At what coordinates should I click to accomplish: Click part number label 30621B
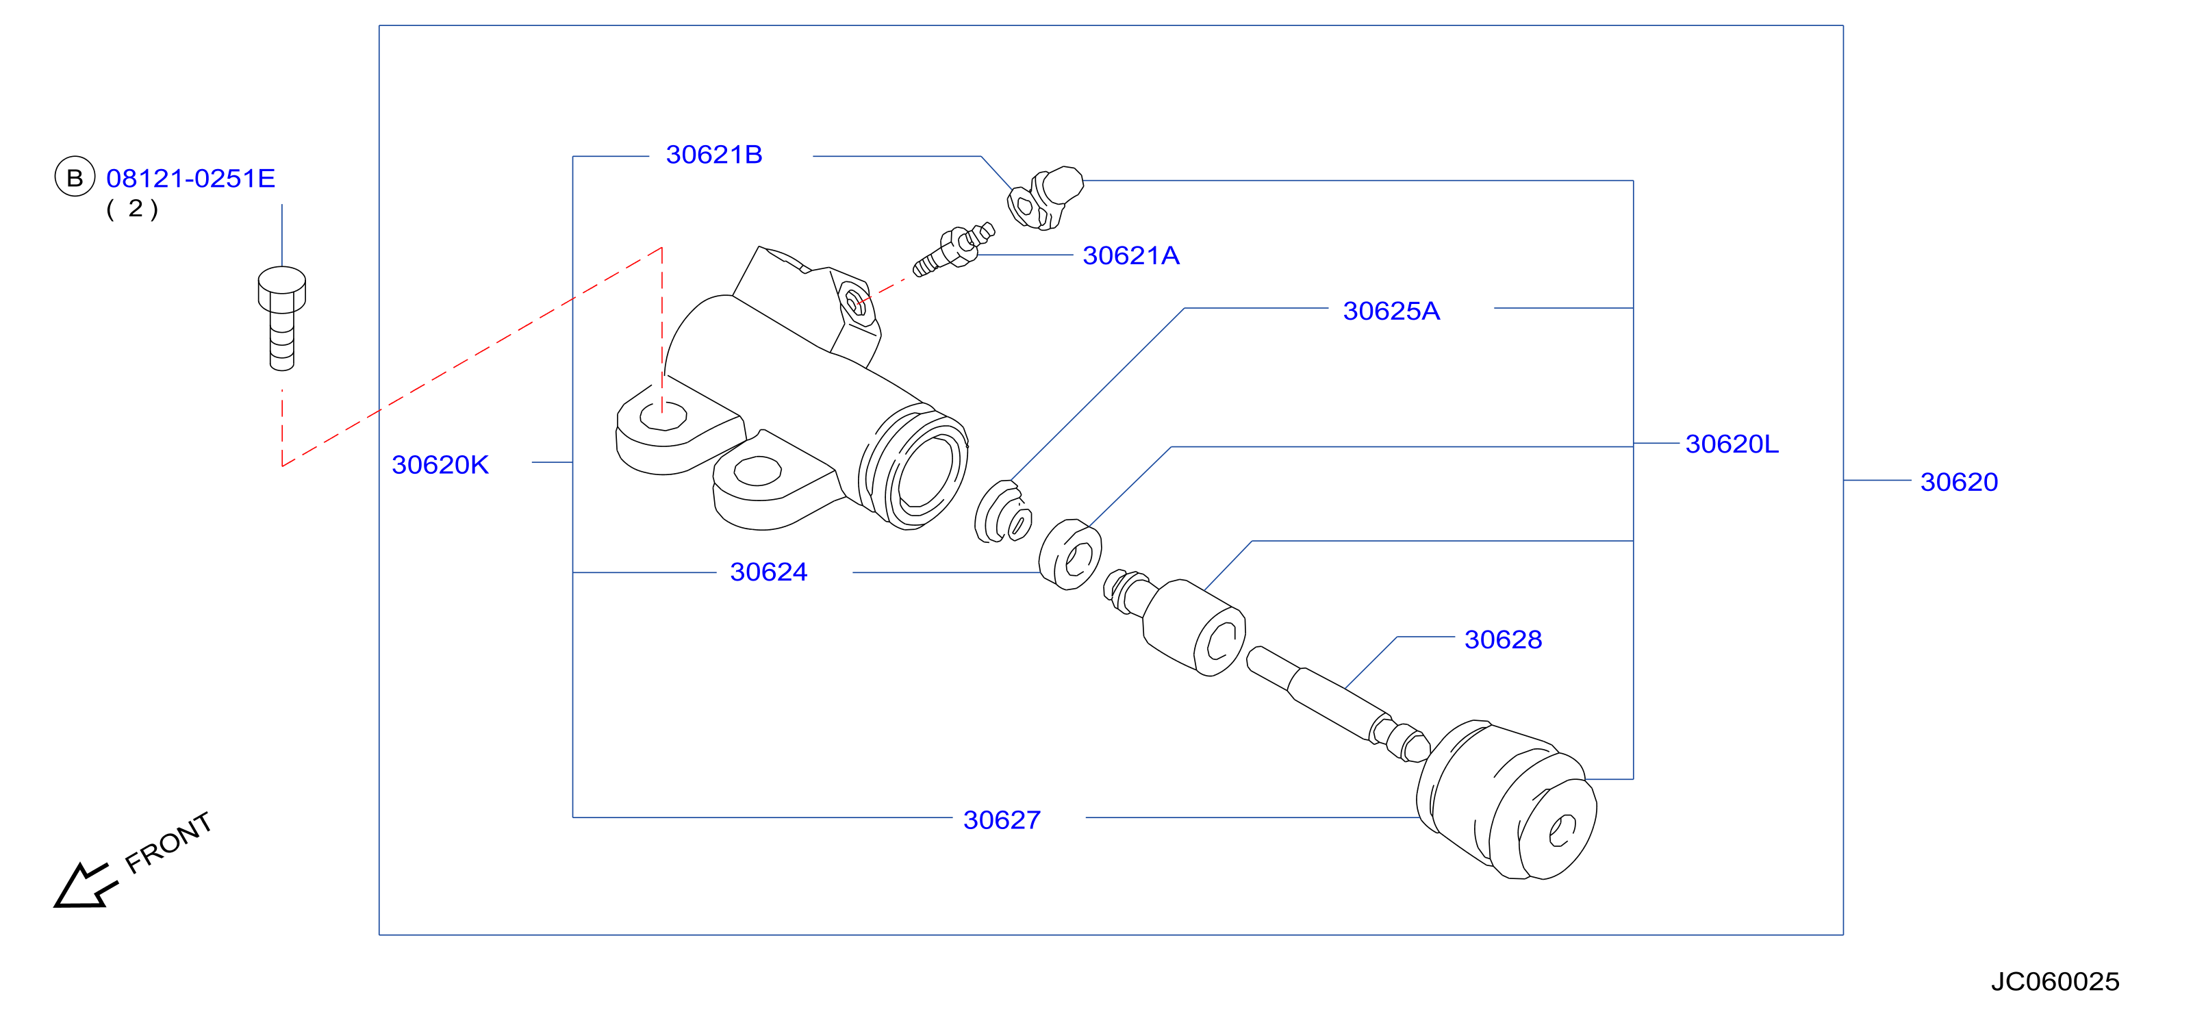click(713, 155)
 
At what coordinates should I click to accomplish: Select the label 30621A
click(1130, 255)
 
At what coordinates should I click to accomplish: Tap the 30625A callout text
click(1391, 312)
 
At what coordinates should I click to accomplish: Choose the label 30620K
click(440, 466)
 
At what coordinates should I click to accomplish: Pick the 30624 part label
click(768, 572)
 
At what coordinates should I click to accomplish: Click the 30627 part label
click(1001, 820)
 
